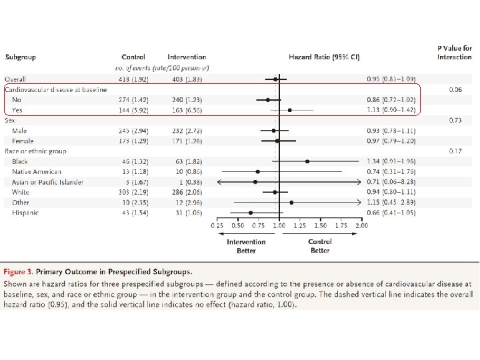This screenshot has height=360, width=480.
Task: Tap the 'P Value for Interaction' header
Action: tap(455, 53)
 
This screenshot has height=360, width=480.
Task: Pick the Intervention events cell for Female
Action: tap(187, 141)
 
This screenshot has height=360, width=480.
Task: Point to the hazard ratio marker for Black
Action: tap(307, 161)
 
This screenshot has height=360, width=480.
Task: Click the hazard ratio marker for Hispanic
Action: tap(251, 213)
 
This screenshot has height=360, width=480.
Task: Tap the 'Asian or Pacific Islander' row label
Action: tap(48, 182)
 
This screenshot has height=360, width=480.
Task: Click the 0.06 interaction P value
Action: tap(456, 89)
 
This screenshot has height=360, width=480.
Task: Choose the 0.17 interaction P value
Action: tap(456, 151)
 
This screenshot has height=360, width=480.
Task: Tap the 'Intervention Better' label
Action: tap(246, 245)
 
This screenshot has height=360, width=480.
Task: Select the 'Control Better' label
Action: tap(320, 245)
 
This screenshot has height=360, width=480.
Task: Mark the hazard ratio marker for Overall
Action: tap(275, 79)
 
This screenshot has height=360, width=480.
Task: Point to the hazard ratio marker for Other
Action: tap(291, 202)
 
